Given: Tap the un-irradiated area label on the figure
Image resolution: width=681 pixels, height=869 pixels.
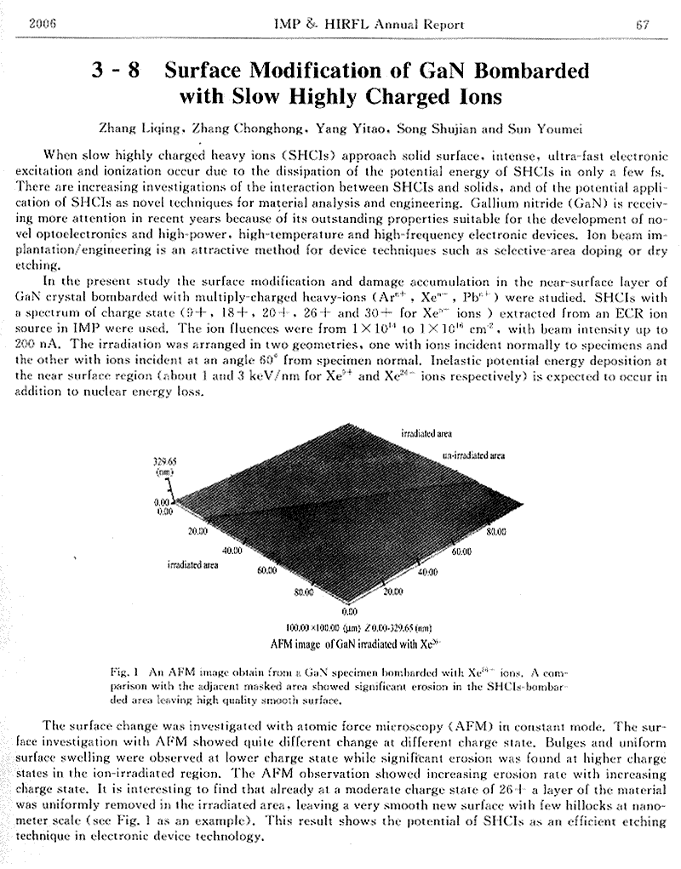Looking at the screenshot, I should [474, 456].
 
